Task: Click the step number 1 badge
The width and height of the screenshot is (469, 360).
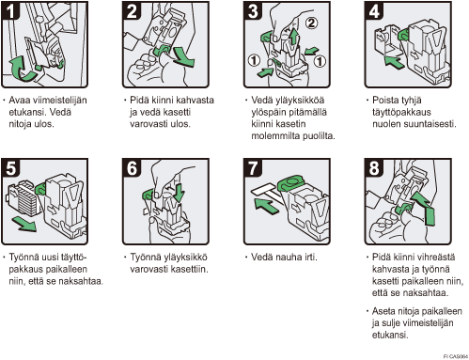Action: coord(10,10)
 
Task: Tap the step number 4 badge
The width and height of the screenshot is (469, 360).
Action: coord(374,10)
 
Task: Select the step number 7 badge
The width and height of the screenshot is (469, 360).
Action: coord(253,167)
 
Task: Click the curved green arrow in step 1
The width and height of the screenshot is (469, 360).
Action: coord(22,69)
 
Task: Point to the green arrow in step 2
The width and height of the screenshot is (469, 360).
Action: coord(183,56)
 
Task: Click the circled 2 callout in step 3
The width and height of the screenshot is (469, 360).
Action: coord(311,23)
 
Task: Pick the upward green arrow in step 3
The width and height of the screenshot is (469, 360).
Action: coord(293,36)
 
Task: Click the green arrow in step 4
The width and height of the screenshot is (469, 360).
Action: coord(394,62)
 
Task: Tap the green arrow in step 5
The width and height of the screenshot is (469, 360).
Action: coord(24,225)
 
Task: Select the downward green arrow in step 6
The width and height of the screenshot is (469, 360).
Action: coord(179,193)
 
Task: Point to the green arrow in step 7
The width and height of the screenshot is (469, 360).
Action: coord(266,207)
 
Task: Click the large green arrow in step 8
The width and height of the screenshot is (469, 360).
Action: coord(425,209)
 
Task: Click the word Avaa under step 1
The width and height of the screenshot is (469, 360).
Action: coord(16,101)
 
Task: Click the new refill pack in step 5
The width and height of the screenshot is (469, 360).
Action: coord(24,199)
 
